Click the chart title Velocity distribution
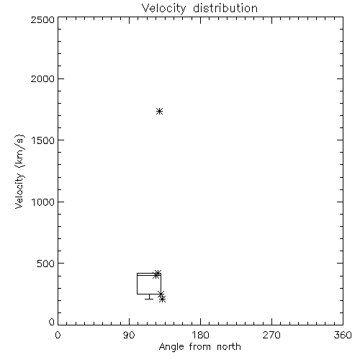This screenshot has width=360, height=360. [199, 8]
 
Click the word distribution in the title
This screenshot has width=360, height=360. [225, 8]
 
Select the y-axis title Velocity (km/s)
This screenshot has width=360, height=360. [19, 171]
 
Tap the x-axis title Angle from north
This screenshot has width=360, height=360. [199, 346]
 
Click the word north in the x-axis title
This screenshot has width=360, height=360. [229, 346]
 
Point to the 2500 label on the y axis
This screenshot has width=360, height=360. [42, 19]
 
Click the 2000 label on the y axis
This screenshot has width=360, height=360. [42, 78]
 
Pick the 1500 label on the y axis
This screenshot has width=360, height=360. [43, 140]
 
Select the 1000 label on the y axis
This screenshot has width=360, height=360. [43, 202]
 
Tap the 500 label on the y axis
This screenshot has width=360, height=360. [46, 264]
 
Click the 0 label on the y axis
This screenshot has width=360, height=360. [52, 322]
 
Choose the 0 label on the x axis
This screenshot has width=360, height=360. [58, 335]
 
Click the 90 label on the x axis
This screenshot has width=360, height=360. [129, 335]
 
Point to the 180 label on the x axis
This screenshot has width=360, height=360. [200, 335]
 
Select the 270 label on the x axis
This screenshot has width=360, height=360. [271, 335]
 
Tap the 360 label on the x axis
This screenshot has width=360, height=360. [343, 335]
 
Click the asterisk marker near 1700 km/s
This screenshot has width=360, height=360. [160, 112]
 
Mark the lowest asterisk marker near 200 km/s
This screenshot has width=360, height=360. [163, 299]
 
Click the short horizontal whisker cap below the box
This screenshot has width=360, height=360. [149, 299]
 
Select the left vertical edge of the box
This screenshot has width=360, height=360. [137, 284]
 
